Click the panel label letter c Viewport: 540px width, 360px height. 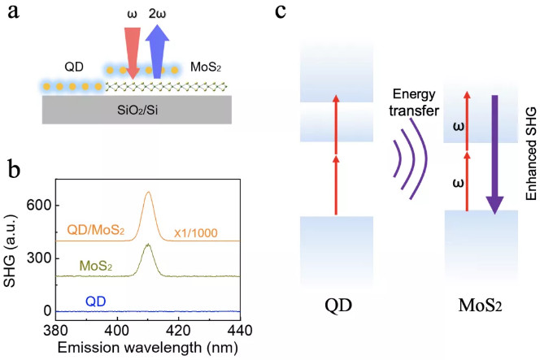[x=280, y=14]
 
